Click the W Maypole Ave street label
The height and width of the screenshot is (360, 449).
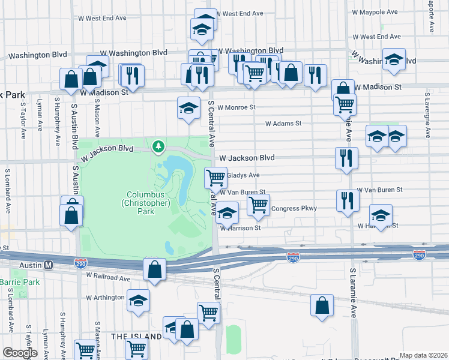pyautogui.click(x=375, y=12)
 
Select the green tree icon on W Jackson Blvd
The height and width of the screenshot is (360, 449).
pyautogui.click(x=158, y=146)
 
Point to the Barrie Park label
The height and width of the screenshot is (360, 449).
pyautogui.click(x=19, y=281)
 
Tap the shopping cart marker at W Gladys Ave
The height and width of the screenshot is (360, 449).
pyautogui.click(x=215, y=178)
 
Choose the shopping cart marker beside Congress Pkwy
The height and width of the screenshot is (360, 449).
pyautogui.click(x=258, y=205)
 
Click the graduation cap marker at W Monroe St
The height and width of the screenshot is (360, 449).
pyautogui.click(x=188, y=109)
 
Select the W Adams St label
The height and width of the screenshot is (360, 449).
pyautogui.click(x=283, y=124)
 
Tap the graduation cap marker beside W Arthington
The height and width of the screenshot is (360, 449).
pyautogui.click(x=138, y=300)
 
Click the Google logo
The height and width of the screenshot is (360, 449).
pyautogui.click(x=20, y=353)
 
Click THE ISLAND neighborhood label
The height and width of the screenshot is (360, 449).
pyautogui.click(x=136, y=337)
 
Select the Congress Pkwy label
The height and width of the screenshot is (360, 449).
pyautogui.click(x=294, y=209)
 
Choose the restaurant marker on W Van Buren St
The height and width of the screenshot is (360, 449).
pyautogui.click(x=347, y=201)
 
